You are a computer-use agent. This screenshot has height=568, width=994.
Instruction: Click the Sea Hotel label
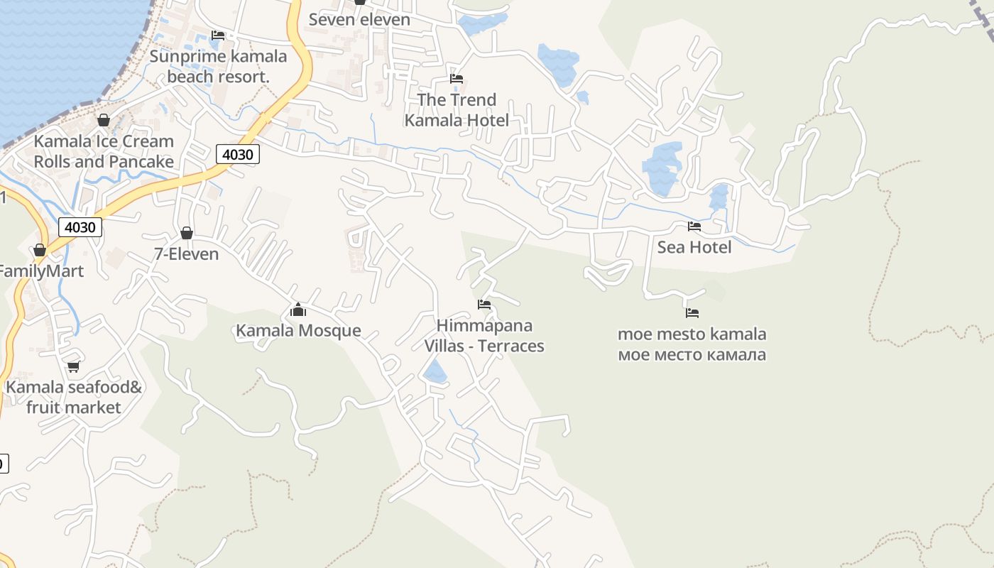[694, 247]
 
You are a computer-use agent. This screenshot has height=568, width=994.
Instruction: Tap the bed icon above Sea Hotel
[694, 226]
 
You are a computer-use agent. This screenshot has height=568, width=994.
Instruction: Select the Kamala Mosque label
[298, 330]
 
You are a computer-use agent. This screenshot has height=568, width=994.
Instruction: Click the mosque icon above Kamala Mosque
[298, 310]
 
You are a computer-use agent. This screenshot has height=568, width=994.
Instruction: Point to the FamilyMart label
[40, 271]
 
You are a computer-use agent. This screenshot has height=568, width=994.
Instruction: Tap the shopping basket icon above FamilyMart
[40, 250]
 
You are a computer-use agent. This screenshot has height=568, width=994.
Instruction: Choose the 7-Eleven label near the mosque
[186, 253]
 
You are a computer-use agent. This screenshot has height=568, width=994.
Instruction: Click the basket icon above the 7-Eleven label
[187, 233]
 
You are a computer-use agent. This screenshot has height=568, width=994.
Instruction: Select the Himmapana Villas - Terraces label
[484, 336]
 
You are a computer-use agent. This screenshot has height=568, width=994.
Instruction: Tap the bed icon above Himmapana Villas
[484, 305]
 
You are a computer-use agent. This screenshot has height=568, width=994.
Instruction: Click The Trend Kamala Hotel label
[457, 110]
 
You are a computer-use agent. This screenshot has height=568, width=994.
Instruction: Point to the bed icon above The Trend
[457, 79]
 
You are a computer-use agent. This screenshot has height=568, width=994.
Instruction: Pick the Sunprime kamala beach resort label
[219, 66]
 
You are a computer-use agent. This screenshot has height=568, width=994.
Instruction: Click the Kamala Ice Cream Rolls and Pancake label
[104, 151]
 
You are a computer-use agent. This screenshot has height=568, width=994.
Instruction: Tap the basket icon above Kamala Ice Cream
[104, 120]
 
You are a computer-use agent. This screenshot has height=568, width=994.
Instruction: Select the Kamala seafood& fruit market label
[74, 398]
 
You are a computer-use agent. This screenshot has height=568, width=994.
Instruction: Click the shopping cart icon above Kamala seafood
[73, 367]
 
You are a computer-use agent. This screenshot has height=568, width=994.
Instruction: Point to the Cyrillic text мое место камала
[692, 354]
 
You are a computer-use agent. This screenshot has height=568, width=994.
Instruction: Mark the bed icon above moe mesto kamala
[692, 312]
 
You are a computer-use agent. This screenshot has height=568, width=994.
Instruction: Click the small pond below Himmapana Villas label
[435, 371]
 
